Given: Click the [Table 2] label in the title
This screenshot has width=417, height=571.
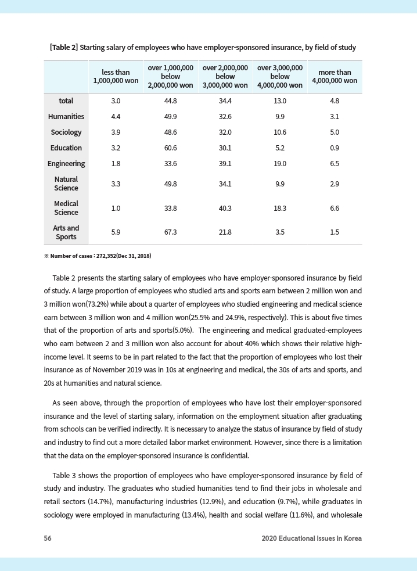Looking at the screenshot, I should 64,47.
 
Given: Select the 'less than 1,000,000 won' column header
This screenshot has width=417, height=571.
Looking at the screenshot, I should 115,77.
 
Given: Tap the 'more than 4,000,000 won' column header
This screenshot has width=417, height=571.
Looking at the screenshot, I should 335,77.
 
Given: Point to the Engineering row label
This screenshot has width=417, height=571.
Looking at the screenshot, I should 66,164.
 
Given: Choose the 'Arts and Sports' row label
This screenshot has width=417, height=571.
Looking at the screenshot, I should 66,232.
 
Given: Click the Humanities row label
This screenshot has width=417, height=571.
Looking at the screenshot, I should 66,117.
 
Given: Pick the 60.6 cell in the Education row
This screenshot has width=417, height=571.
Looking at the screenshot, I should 170,148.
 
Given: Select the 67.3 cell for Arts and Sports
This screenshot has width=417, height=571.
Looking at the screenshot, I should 170,232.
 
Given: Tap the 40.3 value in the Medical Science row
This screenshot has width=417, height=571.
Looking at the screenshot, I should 225,208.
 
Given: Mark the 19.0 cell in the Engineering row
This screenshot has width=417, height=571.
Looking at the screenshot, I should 280,164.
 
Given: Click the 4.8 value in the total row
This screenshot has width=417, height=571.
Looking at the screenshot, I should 335,101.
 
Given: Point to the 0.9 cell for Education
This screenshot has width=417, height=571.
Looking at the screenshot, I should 335,148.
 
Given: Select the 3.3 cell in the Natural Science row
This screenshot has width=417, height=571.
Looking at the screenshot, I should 115,184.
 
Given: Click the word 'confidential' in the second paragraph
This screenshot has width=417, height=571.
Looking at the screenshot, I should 229,455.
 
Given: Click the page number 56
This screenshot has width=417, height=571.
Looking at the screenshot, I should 48,538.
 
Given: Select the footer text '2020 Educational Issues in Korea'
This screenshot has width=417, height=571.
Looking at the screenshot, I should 311,538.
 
